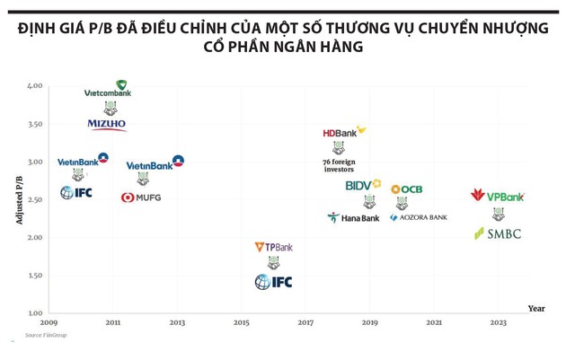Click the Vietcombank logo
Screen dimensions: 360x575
tap(108, 90)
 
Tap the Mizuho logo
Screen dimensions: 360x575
tap(107, 125)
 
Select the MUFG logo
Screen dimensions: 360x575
tap(141, 197)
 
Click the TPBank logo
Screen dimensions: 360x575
tap(273, 247)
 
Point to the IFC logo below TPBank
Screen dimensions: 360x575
tap(273, 282)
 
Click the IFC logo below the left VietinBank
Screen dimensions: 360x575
tap(76, 192)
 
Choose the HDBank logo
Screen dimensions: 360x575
tap(344, 132)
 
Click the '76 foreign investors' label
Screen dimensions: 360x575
tap(339, 165)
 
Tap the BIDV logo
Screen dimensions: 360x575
tap(363, 186)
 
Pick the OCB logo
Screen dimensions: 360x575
tap(406, 189)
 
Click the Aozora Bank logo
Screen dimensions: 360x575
tap(418, 217)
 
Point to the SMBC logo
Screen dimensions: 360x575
tap(497, 233)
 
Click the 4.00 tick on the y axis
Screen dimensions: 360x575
tap(34, 86)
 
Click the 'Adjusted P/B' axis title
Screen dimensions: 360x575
tap(20, 199)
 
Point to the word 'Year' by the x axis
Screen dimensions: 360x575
tap(535, 309)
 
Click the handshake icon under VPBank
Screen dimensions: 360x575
tap(498, 214)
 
